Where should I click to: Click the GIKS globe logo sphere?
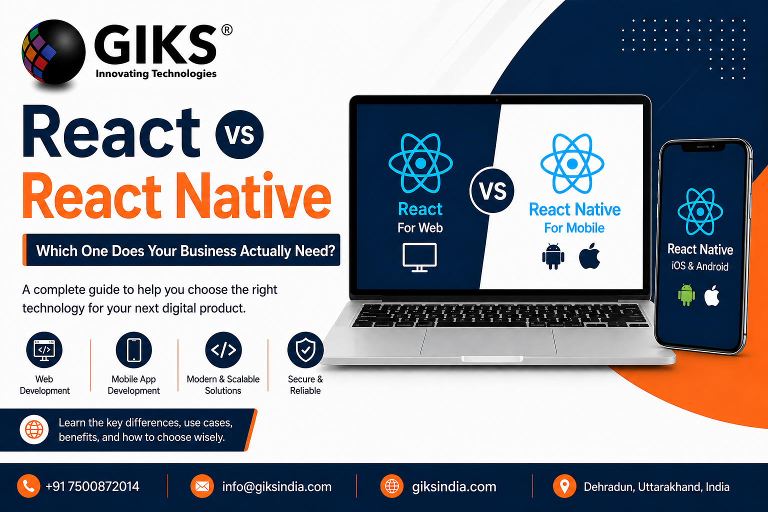pyautogui.click(x=53, y=51)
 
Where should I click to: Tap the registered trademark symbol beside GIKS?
pyautogui.click(x=226, y=30)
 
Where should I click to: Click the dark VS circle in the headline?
pyautogui.click(x=239, y=134)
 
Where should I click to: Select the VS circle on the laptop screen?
pyautogui.click(x=492, y=190)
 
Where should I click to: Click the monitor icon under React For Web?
pyautogui.click(x=419, y=257)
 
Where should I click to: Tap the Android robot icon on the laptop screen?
pyautogui.click(x=553, y=256)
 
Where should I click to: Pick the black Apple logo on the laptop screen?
pyautogui.click(x=589, y=256)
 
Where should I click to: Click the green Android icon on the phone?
pyautogui.click(x=686, y=294)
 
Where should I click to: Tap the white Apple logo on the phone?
pyautogui.click(x=712, y=295)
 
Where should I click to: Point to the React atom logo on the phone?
pyautogui.click(x=700, y=212)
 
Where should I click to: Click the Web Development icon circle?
pyautogui.click(x=44, y=350)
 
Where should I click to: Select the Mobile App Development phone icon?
pyautogui.click(x=133, y=350)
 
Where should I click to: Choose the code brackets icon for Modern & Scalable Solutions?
pyautogui.click(x=223, y=350)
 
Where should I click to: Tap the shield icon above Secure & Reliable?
pyautogui.click(x=305, y=350)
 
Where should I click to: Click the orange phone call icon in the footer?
pyautogui.click(x=28, y=486)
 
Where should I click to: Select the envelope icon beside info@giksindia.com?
pyautogui.click(x=202, y=486)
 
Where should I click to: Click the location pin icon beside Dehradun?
pyautogui.click(x=564, y=486)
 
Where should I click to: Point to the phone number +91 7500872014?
pyautogui.click(x=92, y=486)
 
